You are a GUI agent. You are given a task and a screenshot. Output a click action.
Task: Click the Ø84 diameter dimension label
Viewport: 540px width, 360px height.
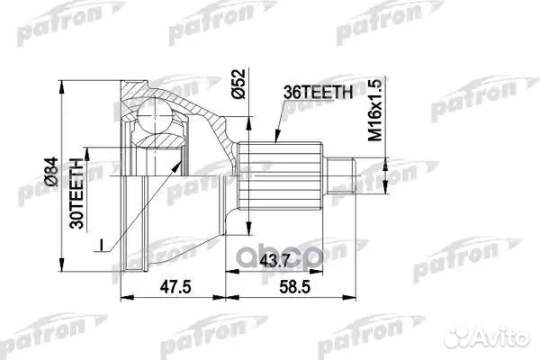[x=51, y=172]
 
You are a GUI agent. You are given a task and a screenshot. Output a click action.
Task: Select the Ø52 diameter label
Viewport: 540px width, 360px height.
[x=238, y=84]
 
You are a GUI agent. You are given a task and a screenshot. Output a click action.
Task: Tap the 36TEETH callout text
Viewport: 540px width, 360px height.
[x=318, y=93]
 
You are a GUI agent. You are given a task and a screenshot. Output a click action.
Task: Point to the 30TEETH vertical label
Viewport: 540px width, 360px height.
[x=76, y=193]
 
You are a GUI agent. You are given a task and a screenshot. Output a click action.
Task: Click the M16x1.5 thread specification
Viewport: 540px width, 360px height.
[x=375, y=110]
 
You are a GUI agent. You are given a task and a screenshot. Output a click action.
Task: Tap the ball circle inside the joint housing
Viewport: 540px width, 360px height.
[x=155, y=114]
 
